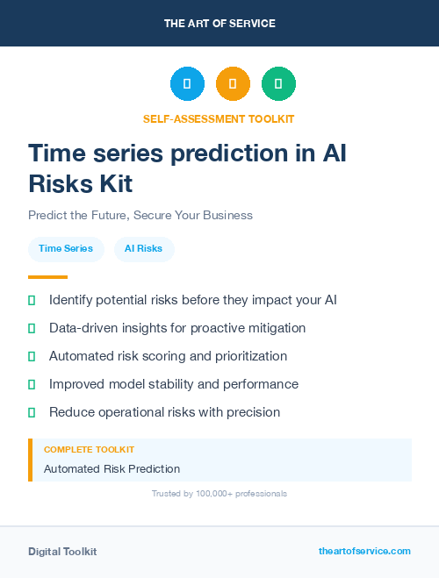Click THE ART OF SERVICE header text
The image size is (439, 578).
point(219,24)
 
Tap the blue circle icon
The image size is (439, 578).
point(187,84)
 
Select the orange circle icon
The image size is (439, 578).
point(233,84)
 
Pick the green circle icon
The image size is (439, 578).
point(278,84)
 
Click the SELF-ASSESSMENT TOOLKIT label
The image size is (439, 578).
point(219,118)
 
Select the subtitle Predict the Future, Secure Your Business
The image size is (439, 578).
point(140,215)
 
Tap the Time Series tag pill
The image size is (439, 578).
point(66,249)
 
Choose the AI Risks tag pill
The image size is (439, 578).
point(143,249)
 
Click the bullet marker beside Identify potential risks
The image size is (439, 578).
point(32,301)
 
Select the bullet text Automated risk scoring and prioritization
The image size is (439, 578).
point(168,356)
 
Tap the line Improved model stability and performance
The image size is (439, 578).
point(173,384)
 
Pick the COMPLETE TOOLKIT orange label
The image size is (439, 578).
point(89,450)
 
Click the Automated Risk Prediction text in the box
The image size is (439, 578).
point(112,469)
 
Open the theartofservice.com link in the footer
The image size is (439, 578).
point(364,551)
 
